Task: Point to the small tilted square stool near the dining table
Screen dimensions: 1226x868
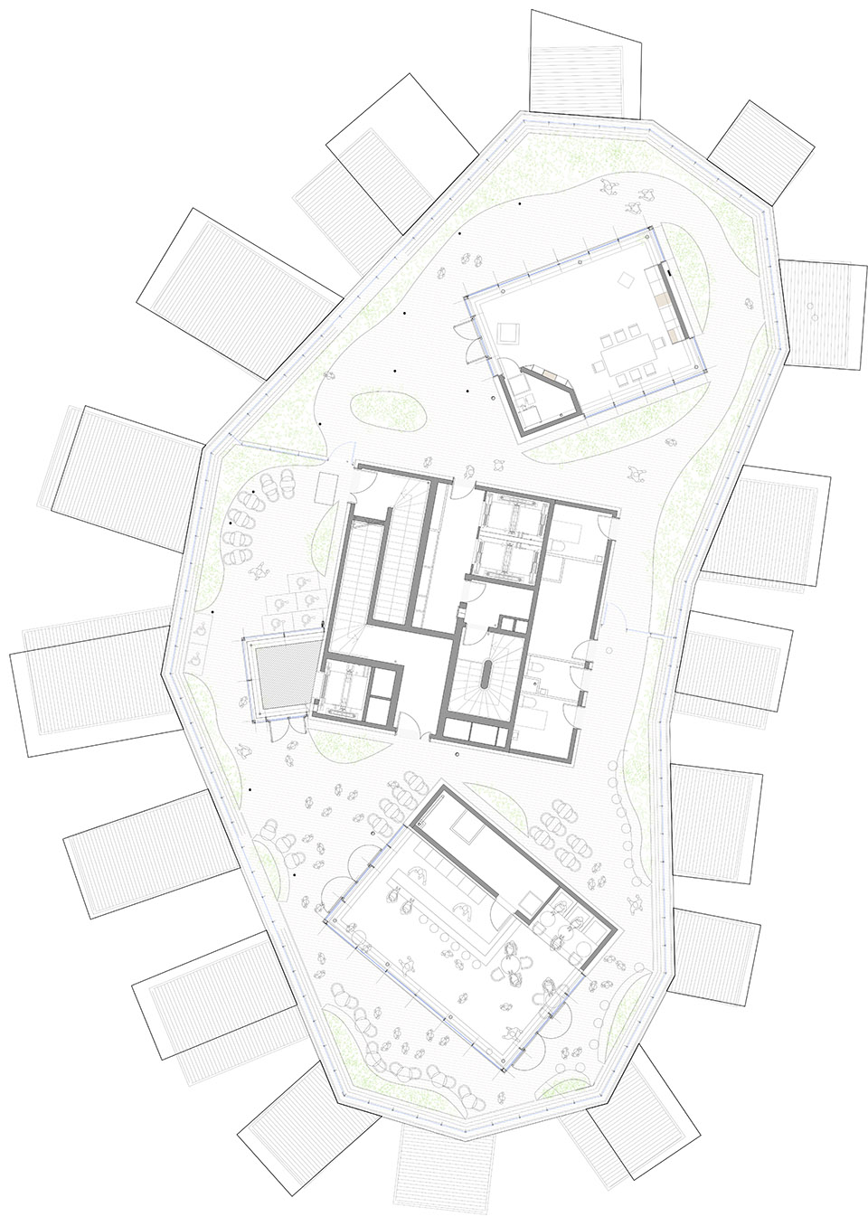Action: click(620, 282)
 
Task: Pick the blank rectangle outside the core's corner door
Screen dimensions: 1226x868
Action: click(325, 488)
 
